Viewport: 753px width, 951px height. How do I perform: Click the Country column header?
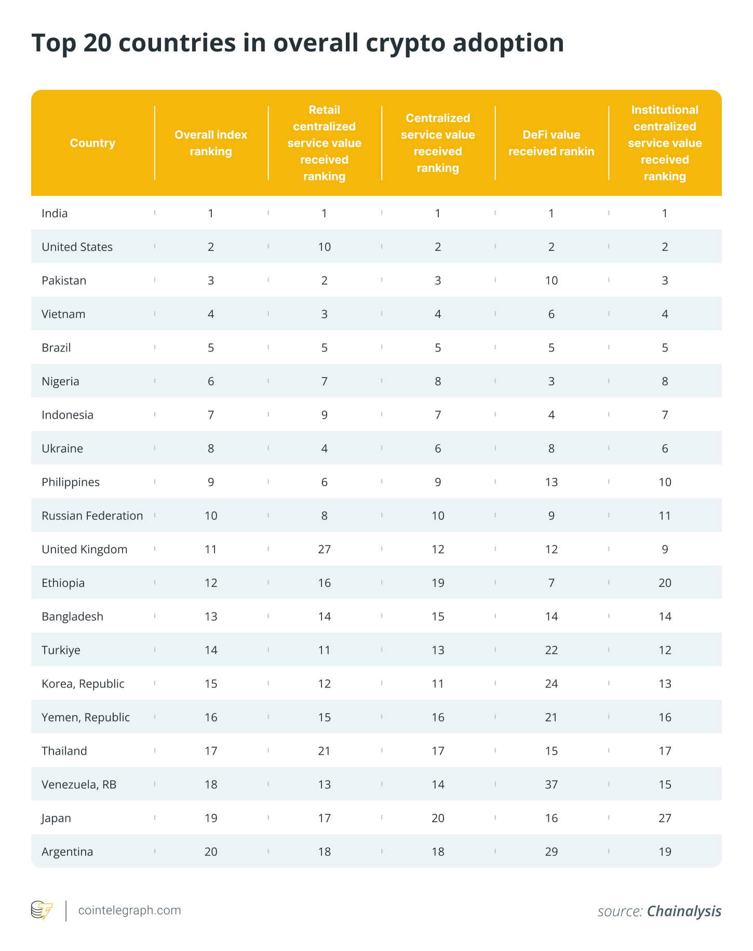tap(92, 143)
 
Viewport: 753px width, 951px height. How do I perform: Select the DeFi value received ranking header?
tap(551, 143)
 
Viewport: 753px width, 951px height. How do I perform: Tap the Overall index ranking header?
tap(211, 143)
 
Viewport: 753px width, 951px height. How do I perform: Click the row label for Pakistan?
tap(64, 280)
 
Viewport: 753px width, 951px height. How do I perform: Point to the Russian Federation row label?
tap(92, 516)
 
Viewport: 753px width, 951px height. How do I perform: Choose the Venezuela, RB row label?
tap(79, 784)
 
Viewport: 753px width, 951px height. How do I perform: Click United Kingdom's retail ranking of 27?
tap(324, 549)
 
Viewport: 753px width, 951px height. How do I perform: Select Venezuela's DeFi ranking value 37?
tap(551, 784)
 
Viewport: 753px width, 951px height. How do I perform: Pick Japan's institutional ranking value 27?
tap(665, 818)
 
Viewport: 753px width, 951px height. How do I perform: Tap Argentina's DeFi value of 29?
tap(551, 852)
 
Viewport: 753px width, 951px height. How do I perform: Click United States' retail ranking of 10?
tap(324, 247)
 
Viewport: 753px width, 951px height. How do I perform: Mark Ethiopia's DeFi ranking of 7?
tap(551, 583)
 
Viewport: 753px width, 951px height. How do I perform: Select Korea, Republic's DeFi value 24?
tap(551, 684)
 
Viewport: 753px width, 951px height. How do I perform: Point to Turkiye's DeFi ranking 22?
tap(551, 650)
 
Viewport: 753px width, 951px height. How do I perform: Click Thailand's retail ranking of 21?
tap(324, 751)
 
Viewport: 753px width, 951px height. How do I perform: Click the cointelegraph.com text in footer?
tap(129, 910)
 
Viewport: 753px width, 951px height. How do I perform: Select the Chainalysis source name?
tap(684, 911)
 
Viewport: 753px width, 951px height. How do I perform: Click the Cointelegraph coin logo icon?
tap(42, 910)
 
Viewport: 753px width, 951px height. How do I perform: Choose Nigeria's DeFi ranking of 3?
tap(551, 381)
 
